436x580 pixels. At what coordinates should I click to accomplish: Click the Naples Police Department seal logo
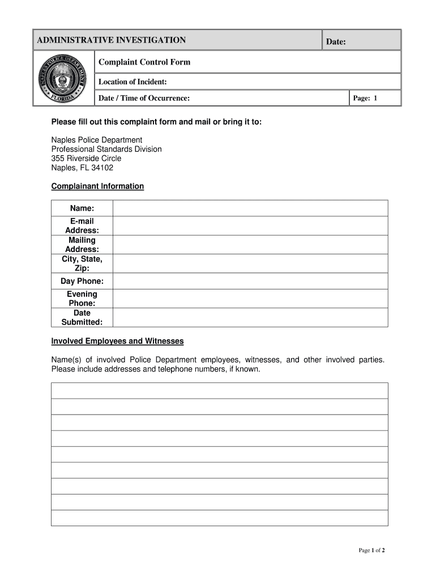pyautogui.click(x=63, y=78)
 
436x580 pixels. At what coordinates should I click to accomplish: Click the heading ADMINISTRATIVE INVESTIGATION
pyautogui.click(x=111, y=40)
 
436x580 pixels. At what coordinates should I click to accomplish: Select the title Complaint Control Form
pyautogui.click(x=144, y=62)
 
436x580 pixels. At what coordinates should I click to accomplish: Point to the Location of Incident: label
pyautogui.click(x=132, y=82)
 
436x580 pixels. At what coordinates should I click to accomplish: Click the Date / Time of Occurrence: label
pyautogui.click(x=144, y=99)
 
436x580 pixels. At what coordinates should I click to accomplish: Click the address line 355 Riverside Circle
pyautogui.click(x=86, y=159)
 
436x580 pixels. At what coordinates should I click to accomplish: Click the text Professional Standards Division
pyautogui.click(x=106, y=149)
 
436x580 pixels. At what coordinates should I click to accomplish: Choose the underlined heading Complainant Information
pyautogui.click(x=97, y=186)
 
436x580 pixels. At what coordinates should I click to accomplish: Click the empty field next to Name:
pyautogui.click(x=250, y=208)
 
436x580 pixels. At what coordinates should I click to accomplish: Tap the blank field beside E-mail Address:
pyautogui.click(x=250, y=226)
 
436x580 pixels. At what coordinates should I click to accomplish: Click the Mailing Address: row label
pyautogui.click(x=82, y=245)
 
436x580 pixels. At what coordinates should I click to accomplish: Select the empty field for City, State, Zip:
pyautogui.click(x=250, y=263)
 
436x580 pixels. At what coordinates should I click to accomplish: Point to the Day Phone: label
pyautogui.click(x=82, y=282)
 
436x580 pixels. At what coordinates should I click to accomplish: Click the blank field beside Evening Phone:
pyautogui.click(x=250, y=298)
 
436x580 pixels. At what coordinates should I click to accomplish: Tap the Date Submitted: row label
pyautogui.click(x=82, y=318)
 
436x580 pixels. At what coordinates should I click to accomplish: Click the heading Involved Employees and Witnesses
pyautogui.click(x=117, y=342)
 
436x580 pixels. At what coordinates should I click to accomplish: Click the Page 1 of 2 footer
pyautogui.click(x=372, y=551)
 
